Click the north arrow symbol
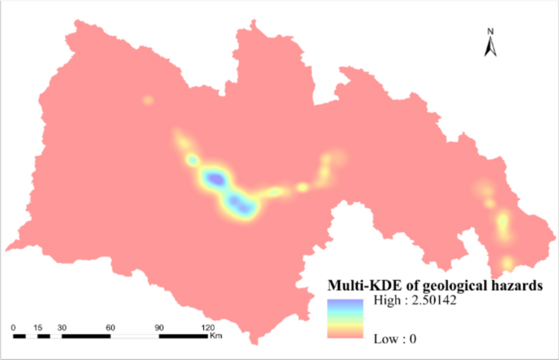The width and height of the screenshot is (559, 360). click(x=490, y=47)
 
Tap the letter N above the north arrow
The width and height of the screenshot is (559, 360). click(x=490, y=32)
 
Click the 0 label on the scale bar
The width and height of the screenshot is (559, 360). click(x=14, y=327)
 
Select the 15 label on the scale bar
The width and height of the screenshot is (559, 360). click(x=38, y=327)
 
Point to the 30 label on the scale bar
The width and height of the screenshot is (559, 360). click(x=62, y=327)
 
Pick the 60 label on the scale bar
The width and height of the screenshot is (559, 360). click(x=110, y=327)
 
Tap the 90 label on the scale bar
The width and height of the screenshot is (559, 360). click(x=159, y=327)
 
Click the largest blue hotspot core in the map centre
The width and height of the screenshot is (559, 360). click(x=215, y=176)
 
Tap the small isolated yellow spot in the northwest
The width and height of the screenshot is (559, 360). click(x=148, y=100)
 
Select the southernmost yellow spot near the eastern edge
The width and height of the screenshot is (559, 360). click(x=507, y=263)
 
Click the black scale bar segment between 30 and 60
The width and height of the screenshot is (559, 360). click(x=86, y=336)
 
